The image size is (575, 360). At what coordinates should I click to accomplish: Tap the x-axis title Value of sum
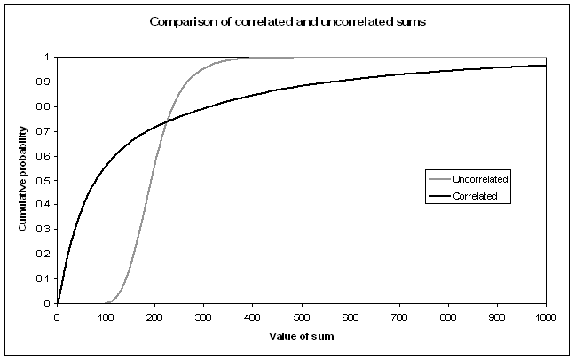(x=301, y=337)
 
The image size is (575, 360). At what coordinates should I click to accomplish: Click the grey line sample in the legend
(x=437, y=179)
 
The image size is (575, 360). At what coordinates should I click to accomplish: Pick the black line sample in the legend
(x=437, y=196)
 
